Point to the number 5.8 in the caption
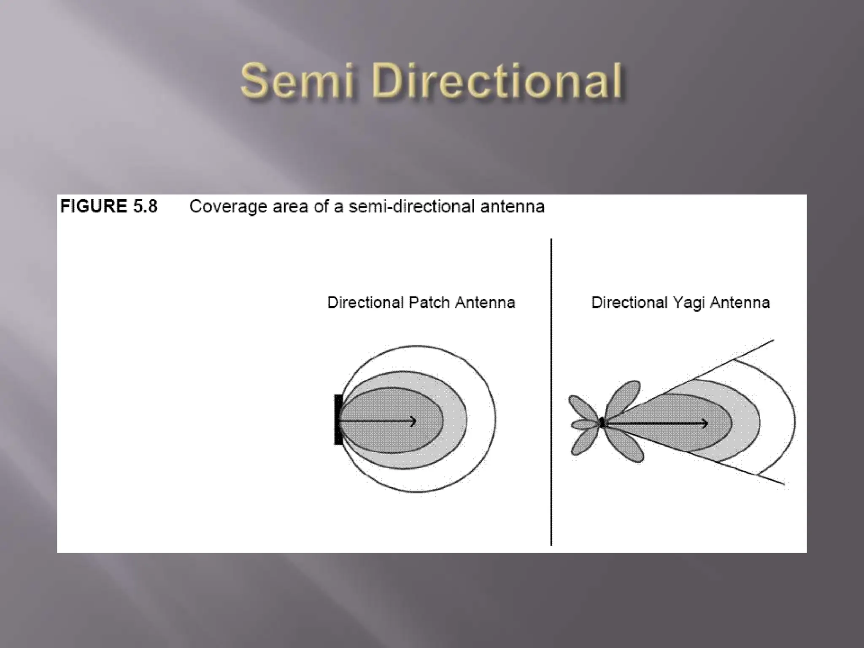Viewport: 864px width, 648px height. pos(145,206)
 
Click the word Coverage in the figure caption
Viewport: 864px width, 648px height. pos(228,207)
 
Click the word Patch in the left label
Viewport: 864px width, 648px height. pos(426,302)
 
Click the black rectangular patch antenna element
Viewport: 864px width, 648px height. pos(338,419)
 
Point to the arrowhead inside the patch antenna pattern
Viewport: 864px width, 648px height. pos(413,421)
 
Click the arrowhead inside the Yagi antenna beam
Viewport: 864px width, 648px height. pos(705,423)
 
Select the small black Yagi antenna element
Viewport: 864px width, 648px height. pos(602,422)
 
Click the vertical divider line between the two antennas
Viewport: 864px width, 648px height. pos(551,392)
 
